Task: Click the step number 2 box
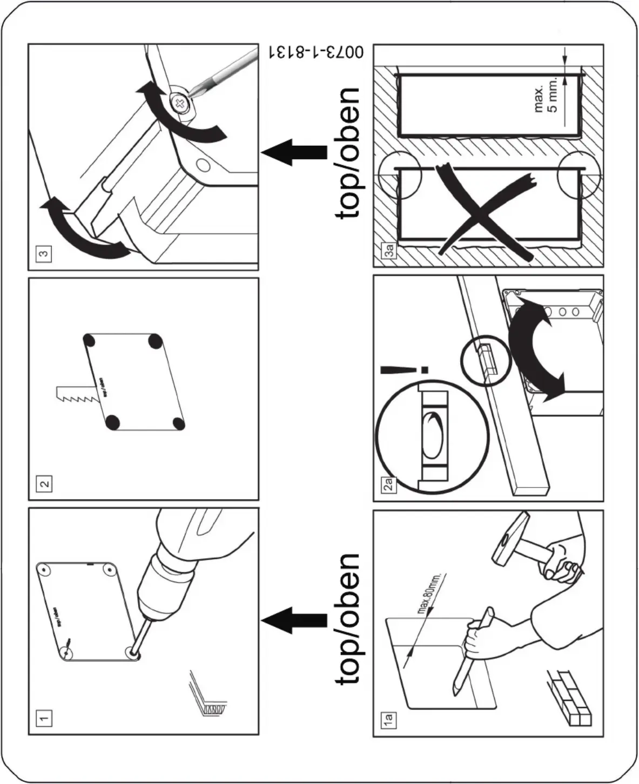coord(44,483)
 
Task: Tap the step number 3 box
coord(44,253)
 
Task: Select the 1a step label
coord(388,720)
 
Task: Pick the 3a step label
coord(388,251)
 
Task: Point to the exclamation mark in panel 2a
coord(402,370)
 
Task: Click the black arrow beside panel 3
coord(294,152)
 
